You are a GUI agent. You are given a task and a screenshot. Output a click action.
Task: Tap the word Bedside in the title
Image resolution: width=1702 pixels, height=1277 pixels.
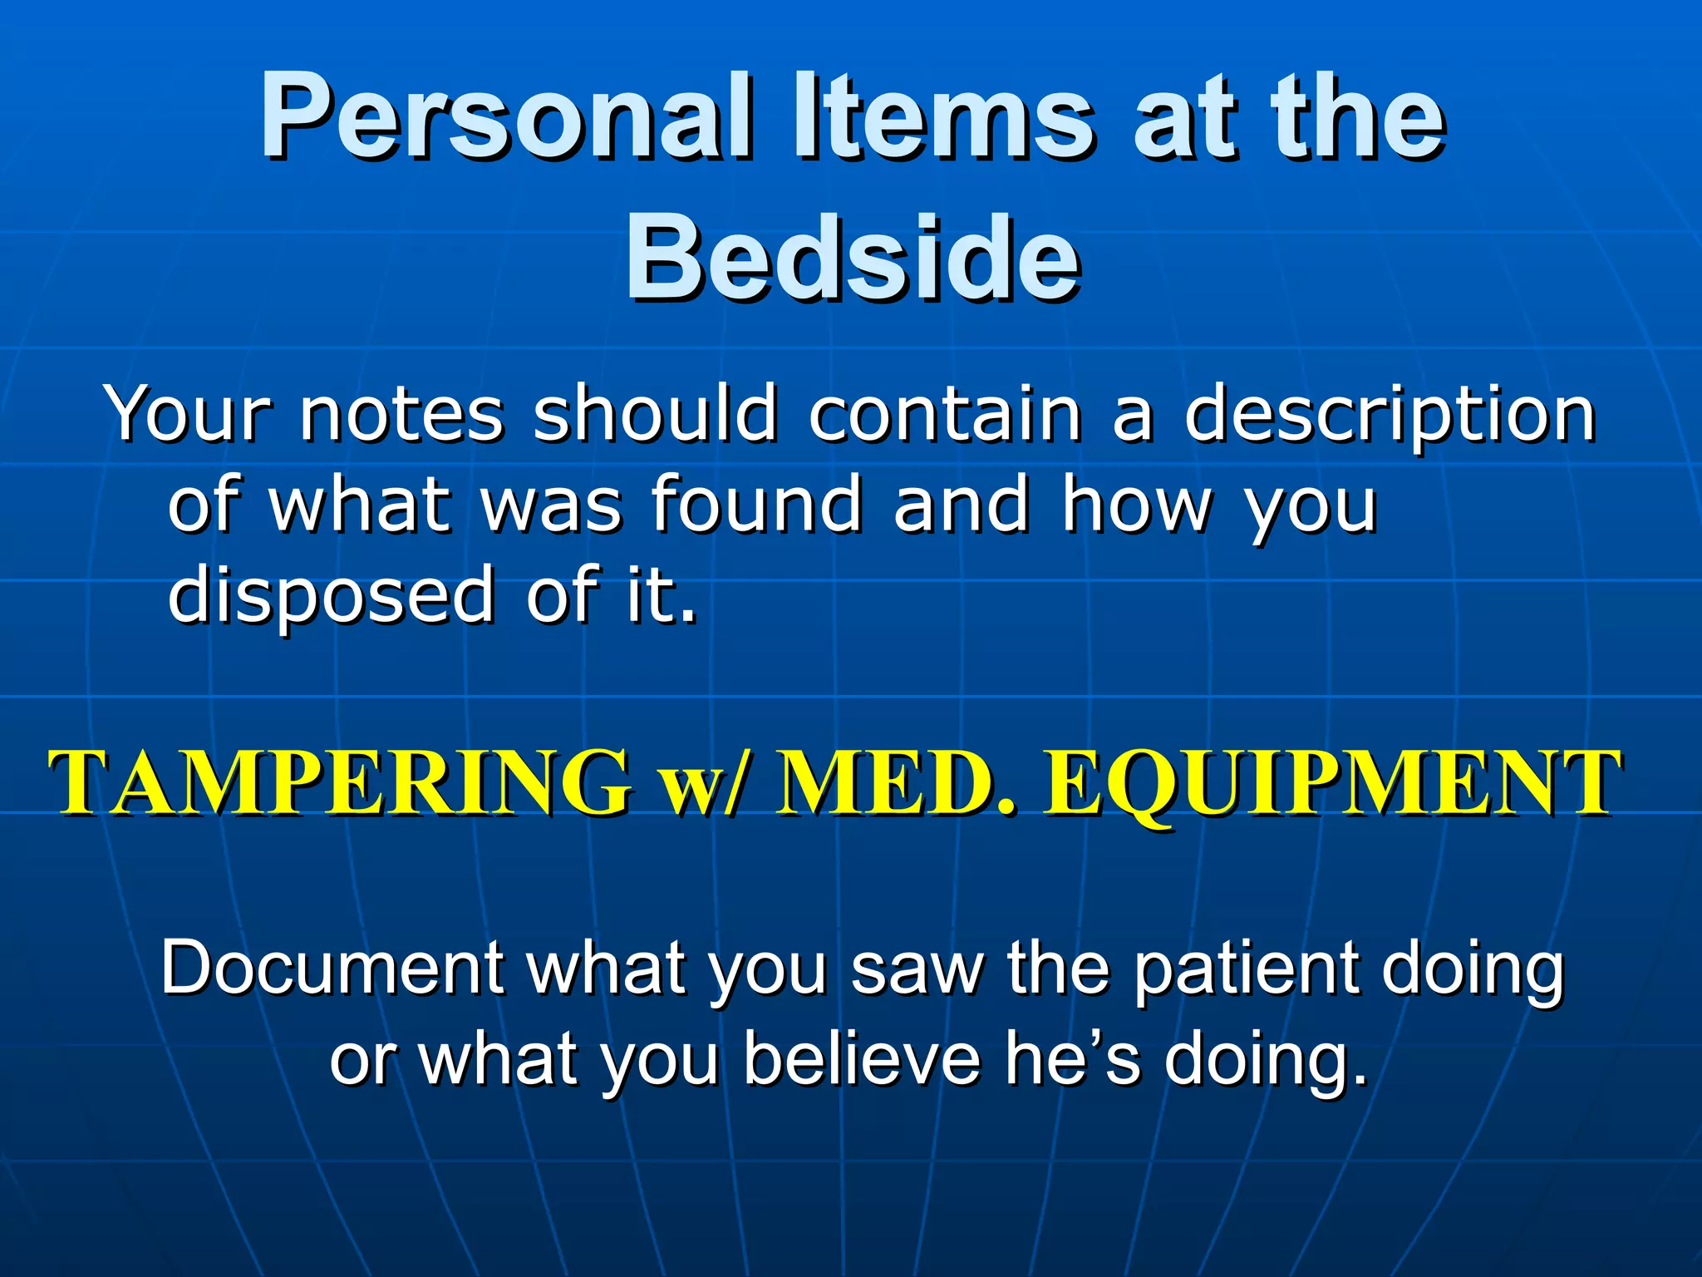click(x=853, y=258)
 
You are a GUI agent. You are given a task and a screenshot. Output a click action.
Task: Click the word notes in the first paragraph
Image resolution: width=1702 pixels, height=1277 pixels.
click(x=401, y=413)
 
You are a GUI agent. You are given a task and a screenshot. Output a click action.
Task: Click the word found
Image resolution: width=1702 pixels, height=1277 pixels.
click(x=756, y=504)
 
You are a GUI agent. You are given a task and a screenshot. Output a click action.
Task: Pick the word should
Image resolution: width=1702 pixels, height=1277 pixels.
click(x=655, y=413)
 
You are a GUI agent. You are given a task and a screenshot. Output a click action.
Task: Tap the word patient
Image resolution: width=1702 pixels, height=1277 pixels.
click(x=1246, y=969)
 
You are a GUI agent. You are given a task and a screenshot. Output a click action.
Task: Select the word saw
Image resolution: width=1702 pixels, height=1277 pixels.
click(x=917, y=969)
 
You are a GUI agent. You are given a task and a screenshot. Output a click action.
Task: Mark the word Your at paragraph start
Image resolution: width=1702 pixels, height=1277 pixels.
click(x=189, y=413)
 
